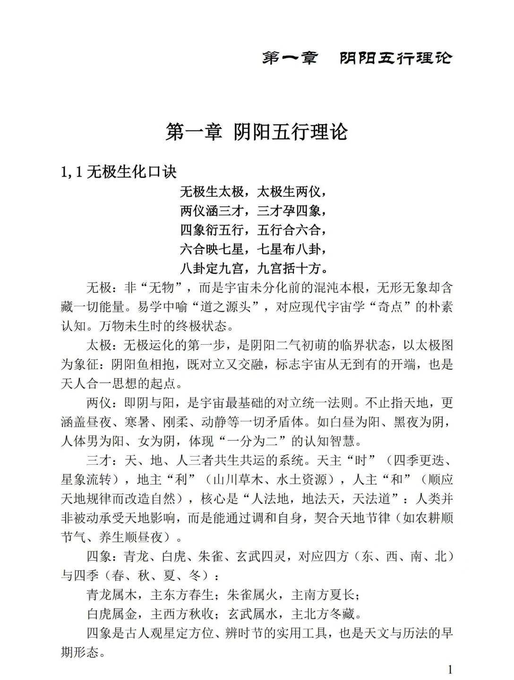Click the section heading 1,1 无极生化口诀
tap(119, 171)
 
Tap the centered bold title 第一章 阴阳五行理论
tap(257, 131)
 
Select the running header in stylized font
tap(357, 58)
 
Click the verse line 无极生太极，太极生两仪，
tap(254, 192)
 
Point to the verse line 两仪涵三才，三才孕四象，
tap(254, 211)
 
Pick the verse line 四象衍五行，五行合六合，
tap(254, 230)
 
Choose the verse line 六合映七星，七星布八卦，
tap(254, 249)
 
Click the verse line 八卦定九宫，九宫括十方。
tap(254, 268)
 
